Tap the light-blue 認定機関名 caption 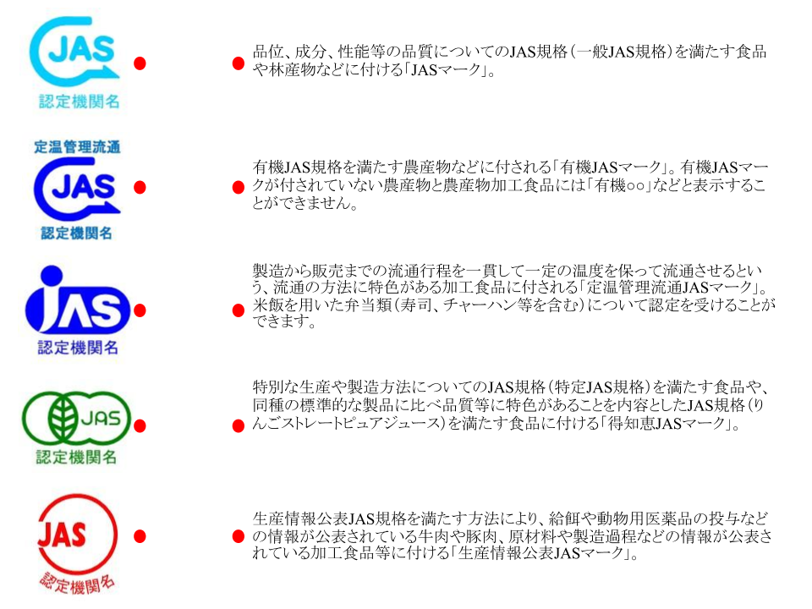click(x=79, y=102)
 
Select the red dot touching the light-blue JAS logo click(x=140, y=63)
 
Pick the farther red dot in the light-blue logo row click(x=239, y=63)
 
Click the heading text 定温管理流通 click(x=77, y=146)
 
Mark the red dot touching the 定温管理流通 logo click(x=140, y=187)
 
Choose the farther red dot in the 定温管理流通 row click(x=239, y=187)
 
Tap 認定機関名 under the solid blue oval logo click(x=77, y=347)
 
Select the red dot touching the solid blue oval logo click(x=140, y=310)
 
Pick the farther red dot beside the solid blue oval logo click(x=239, y=310)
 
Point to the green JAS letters click(x=101, y=417)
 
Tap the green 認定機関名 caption click(x=76, y=458)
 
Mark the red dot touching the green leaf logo click(x=140, y=425)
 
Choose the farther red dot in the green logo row click(x=239, y=425)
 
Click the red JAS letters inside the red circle click(x=62, y=535)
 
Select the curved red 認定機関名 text click(x=78, y=583)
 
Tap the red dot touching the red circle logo click(x=140, y=536)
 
